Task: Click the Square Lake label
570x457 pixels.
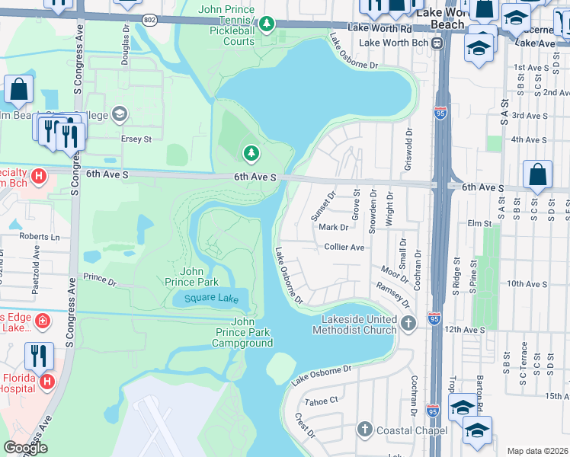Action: (211, 299)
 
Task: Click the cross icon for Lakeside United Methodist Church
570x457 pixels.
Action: (408, 324)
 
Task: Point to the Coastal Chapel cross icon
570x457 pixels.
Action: (364, 430)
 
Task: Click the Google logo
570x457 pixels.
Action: (25, 448)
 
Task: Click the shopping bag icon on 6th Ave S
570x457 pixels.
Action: (538, 174)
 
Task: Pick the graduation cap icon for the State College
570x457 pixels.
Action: (119, 114)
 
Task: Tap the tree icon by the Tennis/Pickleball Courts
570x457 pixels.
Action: (266, 24)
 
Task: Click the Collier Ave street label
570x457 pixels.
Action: (344, 247)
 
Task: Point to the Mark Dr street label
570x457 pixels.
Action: (334, 227)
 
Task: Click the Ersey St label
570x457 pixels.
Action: (137, 139)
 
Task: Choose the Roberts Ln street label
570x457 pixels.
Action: (39, 237)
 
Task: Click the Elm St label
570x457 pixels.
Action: (480, 223)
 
